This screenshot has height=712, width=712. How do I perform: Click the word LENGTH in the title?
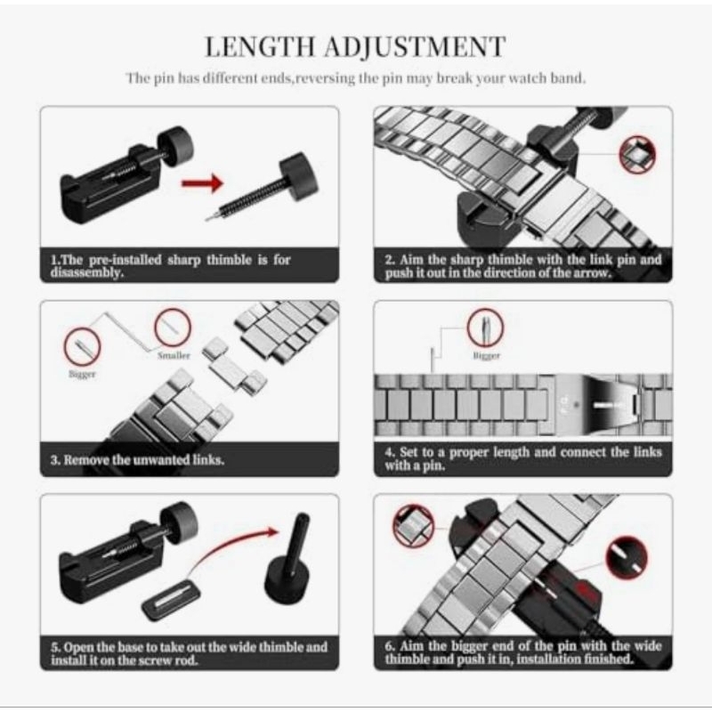[x=260, y=46]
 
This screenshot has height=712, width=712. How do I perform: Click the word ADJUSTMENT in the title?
[x=415, y=47]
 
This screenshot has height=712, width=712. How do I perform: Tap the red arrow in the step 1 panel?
[x=203, y=183]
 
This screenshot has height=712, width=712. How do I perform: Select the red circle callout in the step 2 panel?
[x=637, y=154]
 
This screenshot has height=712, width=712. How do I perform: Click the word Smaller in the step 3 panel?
[x=174, y=355]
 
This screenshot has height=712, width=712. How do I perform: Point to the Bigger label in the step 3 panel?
[x=82, y=374]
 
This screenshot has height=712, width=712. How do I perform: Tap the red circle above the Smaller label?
[x=173, y=328]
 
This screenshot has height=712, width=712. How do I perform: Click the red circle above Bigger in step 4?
[x=485, y=328]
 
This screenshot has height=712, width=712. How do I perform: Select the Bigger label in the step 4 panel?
[x=486, y=355]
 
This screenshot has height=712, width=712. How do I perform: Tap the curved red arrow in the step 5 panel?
[x=231, y=548]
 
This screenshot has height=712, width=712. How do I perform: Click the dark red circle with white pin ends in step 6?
[x=627, y=558]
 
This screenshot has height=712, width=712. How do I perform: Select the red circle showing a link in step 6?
[x=413, y=525]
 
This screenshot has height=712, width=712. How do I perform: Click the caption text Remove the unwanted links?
[x=144, y=460]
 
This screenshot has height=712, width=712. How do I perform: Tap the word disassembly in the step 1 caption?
[x=86, y=273]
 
